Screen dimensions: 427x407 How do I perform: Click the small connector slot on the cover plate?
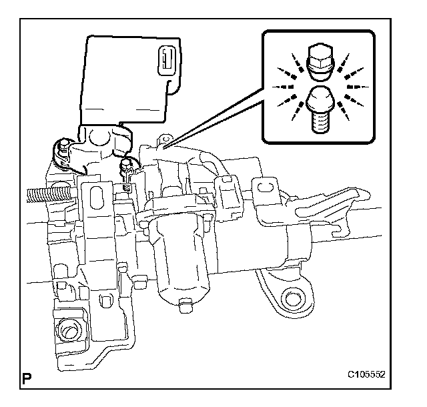pyautogui.click(x=163, y=61)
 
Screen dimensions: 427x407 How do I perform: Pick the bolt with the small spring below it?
pyautogui.click(x=125, y=167)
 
